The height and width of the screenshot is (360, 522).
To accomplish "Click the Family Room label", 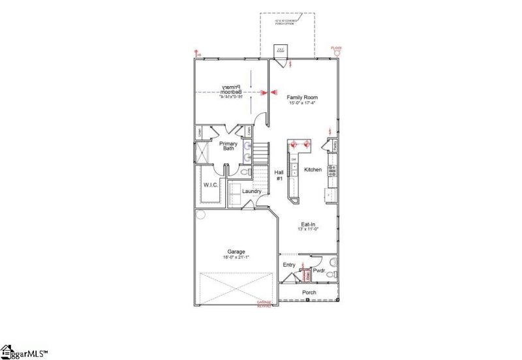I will click(303, 97).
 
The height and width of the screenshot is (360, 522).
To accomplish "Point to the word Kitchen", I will click(313, 170).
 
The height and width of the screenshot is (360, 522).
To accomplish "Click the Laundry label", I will click(252, 191).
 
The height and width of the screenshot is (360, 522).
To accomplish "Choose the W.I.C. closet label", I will click(210, 185).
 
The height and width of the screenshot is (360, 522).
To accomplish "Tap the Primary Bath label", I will click(228, 145).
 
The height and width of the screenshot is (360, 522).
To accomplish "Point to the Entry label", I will click(289, 265).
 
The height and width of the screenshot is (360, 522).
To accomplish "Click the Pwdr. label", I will click(319, 269).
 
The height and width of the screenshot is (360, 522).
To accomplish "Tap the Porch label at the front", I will click(309, 292).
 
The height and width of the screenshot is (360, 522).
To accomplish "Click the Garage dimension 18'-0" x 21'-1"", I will click(236, 257).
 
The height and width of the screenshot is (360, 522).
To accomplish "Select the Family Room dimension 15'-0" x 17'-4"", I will click(303, 103).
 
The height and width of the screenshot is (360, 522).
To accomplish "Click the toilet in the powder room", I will click(333, 263).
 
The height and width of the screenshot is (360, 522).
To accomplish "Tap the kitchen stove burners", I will click(332, 171).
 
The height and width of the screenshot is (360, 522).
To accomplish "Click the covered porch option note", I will click(287, 23).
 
